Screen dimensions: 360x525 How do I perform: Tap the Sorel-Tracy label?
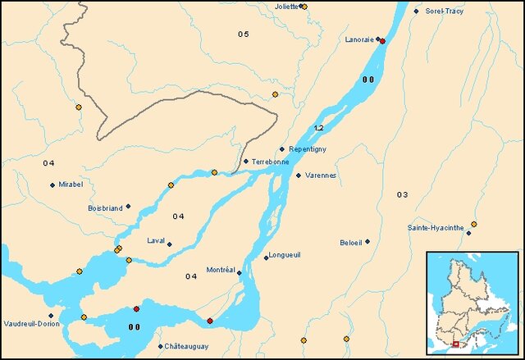tap(444, 11)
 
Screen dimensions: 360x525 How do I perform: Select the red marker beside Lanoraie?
tap(382, 40)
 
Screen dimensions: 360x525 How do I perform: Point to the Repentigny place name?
tap(308, 149)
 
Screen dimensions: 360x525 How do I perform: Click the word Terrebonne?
tap(271, 162)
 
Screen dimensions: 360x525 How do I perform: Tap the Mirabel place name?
tap(71, 185)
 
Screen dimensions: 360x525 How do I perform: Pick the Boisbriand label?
tap(105, 208)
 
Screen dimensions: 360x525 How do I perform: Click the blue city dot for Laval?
tap(170, 244)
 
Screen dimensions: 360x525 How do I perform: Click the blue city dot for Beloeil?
tap(367, 241)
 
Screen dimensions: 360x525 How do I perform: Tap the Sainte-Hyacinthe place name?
tap(436, 228)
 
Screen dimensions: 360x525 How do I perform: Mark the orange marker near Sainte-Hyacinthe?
tap(473, 224)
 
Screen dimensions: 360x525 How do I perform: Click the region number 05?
tap(244, 34)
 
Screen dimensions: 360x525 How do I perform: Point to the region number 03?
tap(402, 194)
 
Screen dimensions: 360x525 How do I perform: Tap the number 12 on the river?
tap(319, 129)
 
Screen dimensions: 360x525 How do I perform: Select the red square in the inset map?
tap(456, 344)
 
